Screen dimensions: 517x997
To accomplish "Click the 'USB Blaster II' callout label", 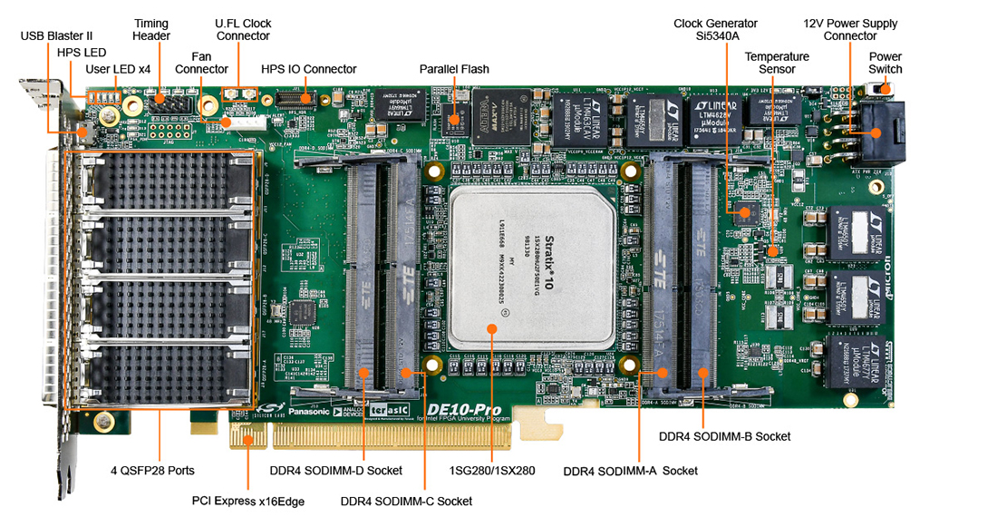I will tap(56, 35).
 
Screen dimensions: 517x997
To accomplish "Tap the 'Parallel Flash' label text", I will tap(454, 69).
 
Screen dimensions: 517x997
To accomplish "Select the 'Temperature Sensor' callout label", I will tap(777, 63).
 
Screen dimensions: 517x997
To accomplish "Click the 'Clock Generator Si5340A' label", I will tap(715, 29).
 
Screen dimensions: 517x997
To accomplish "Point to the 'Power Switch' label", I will tap(885, 63).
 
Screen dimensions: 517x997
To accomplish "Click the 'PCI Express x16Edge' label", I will tap(247, 501).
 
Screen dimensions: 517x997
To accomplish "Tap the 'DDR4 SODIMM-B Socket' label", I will tap(724, 437).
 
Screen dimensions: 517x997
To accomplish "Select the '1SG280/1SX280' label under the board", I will tap(492, 471).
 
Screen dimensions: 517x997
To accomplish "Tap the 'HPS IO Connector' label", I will tap(308, 69).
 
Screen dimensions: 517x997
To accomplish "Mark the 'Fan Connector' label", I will tap(201, 63).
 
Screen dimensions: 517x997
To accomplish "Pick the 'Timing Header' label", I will tap(151, 29).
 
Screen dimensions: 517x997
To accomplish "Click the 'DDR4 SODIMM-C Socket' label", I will tap(406, 501).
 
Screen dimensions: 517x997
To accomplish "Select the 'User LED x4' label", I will tap(118, 69).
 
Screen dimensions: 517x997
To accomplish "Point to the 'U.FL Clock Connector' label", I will tap(243, 29).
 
